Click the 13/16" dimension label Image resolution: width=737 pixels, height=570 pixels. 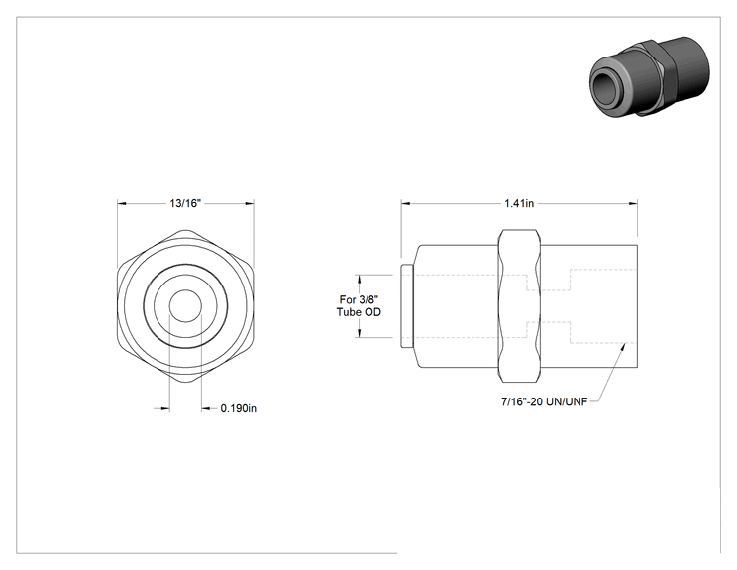coord(185,203)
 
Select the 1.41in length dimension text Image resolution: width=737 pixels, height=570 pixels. coord(519,203)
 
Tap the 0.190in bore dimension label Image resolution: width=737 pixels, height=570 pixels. coord(239,408)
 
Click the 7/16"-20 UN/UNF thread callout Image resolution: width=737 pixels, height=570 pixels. coord(544,402)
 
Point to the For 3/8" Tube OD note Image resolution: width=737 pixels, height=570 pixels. coord(359,305)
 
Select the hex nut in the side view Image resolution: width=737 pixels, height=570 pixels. coord(519,305)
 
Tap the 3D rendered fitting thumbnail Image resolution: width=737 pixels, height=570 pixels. coord(649,76)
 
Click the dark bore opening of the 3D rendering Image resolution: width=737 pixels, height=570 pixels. coord(607,88)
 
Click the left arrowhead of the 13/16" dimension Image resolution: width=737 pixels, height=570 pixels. coord(122,203)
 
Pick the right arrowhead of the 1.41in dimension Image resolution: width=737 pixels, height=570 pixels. coord(633,204)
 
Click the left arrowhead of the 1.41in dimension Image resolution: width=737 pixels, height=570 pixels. coord(406,204)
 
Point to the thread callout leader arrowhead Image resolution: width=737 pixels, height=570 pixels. coord(624,347)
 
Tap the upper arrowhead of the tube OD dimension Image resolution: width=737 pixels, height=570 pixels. coord(360,280)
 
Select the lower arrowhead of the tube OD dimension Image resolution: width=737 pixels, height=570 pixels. coord(360,332)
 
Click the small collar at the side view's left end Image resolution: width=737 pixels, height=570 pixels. coord(407,305)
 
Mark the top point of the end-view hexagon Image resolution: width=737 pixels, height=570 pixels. coord(185,230)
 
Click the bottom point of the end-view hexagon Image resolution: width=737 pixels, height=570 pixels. coord(185,382)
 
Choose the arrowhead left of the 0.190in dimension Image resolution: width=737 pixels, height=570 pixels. coord(164,408)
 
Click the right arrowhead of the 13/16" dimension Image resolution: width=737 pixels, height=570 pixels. coord(249,203)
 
